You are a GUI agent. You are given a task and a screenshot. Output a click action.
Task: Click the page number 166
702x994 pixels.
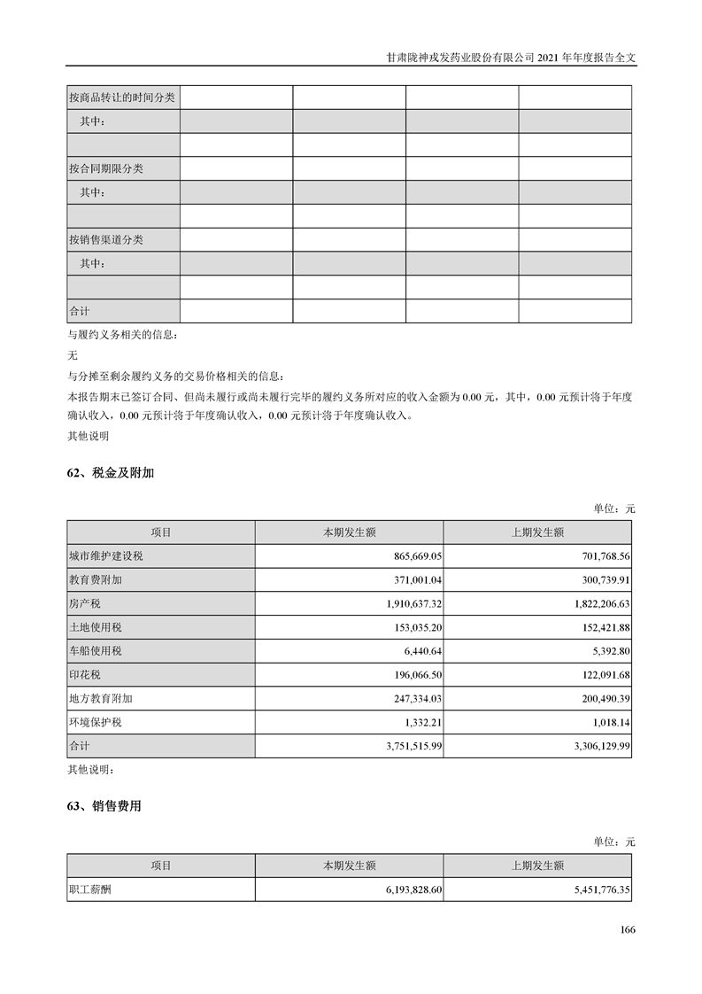(x=628, y=929)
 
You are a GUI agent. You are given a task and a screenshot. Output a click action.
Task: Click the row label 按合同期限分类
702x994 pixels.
(x=105, y=168)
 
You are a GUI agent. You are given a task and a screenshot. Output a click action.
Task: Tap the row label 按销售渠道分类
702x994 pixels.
(x=105, y=240)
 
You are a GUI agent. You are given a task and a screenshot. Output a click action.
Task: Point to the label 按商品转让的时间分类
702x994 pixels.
(x=122, y=97)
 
